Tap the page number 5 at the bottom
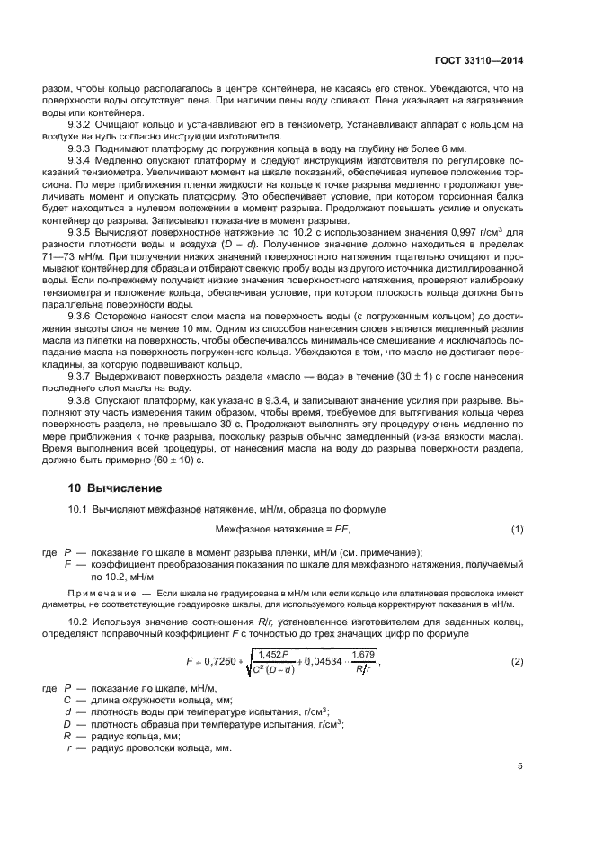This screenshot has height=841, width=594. pos(520,766)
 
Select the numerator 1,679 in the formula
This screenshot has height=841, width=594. pos(363,654)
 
